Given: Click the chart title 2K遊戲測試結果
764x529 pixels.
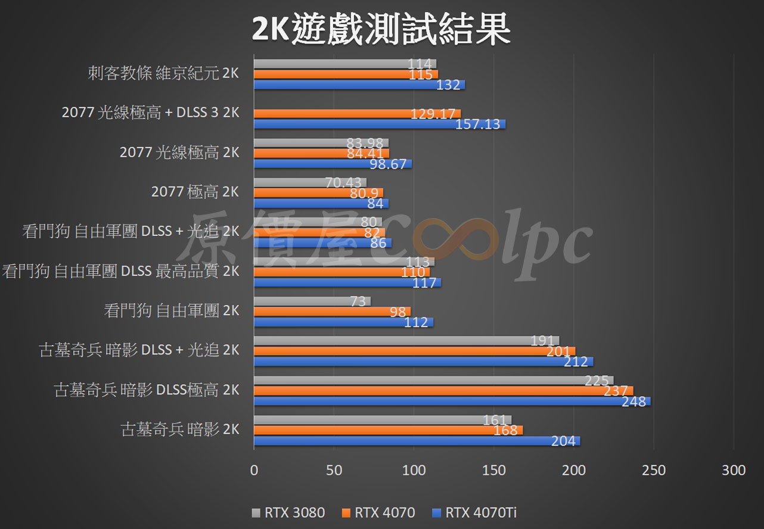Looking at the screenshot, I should coord(381,29).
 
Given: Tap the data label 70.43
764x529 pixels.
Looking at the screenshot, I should coord(346,182).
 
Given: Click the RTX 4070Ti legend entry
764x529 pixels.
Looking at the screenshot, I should coord(480,512).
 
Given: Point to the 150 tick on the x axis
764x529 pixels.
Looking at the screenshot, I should coord(494,470).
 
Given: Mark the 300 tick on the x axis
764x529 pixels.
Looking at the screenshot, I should coord(734,470).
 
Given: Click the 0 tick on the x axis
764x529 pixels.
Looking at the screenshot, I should coord(254,470).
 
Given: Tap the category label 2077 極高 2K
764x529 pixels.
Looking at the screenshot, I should coord(195,192).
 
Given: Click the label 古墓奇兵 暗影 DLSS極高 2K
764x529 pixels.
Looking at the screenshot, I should coord(147,390).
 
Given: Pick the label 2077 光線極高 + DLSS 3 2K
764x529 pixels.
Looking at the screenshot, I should coord(150,113).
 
